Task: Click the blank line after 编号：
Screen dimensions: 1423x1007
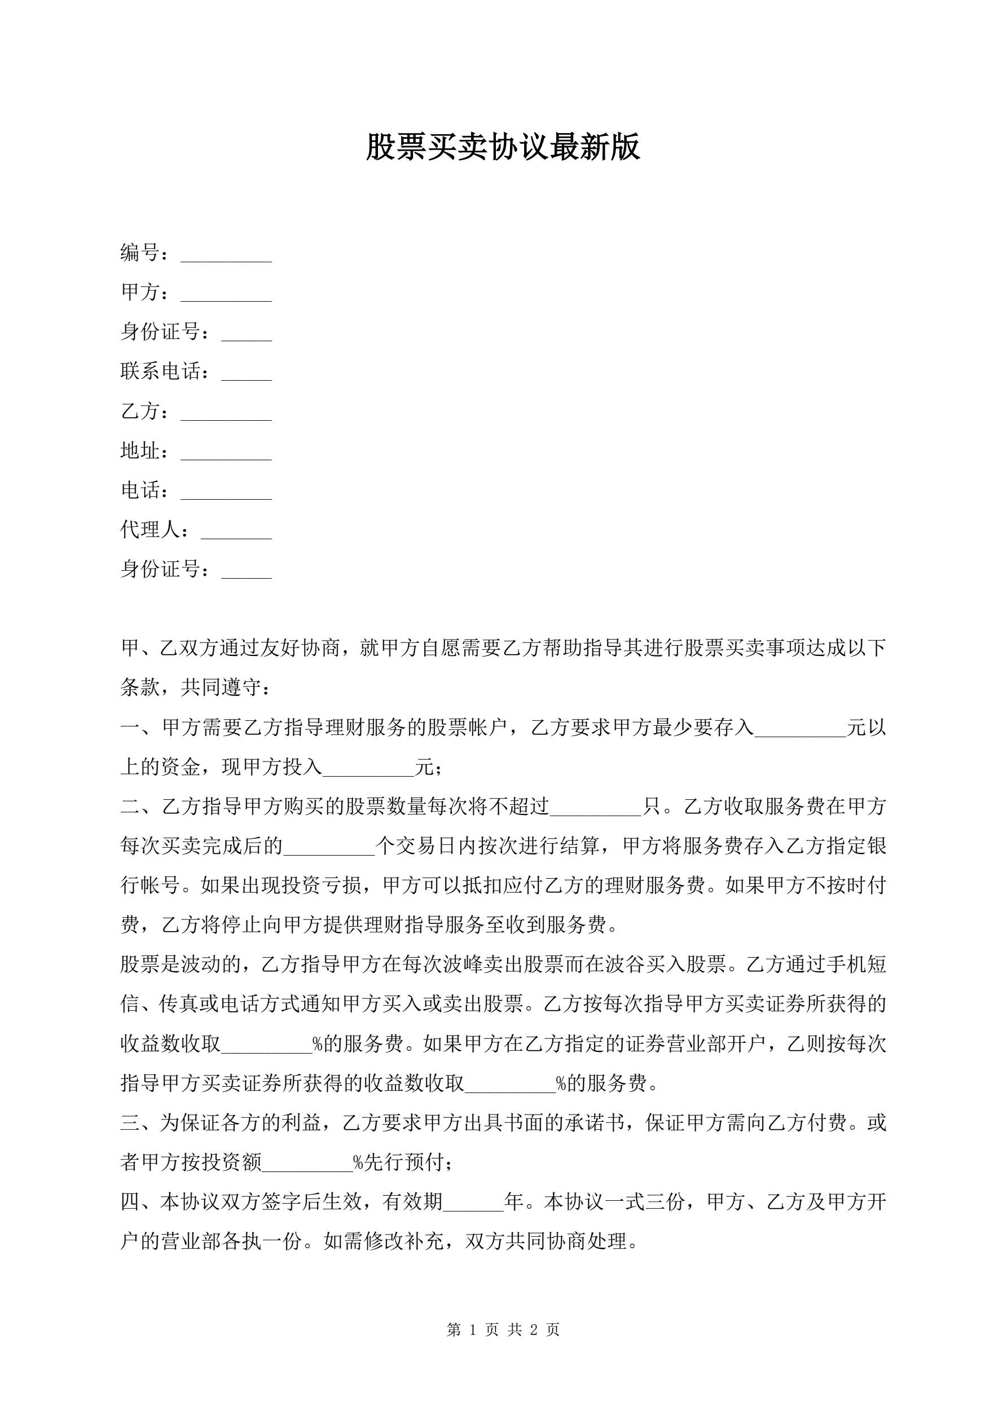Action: (226, 255)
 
